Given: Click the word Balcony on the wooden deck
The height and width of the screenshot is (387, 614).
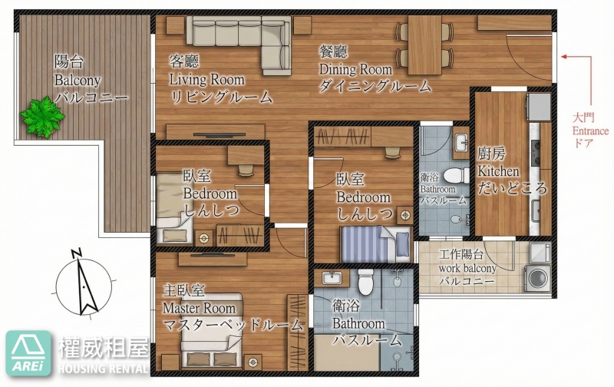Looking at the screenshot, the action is click(x=78, y=81).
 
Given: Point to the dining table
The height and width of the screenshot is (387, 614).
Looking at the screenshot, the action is click(x=425, y=45).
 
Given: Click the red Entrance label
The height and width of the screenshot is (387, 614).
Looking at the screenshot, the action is click(x=590, y=131).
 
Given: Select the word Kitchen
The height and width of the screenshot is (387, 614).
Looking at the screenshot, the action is click(x=498, y=171).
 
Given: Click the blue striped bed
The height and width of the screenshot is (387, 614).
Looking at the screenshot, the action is click(x=376, y=244).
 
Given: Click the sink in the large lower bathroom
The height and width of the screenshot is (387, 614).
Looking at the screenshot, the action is click(x=332, y=278).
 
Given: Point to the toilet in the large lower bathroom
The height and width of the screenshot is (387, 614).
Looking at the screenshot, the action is click(x=365, y=282).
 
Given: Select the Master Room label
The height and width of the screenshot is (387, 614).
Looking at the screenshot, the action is click(x=200, y=308).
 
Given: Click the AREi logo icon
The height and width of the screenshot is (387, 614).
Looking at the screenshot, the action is click(x=28, y=353).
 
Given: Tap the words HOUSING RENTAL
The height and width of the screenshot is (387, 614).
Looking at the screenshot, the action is click(x=104, y=369).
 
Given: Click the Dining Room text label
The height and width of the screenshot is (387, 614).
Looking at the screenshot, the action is click(x=355, y=69).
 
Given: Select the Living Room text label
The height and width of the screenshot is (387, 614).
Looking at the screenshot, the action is click(x=206, y=80).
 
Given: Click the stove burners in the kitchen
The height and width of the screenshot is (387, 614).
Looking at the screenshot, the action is click(x=535, y=153).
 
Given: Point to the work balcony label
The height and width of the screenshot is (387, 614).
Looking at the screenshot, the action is click(x=467, y=269).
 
